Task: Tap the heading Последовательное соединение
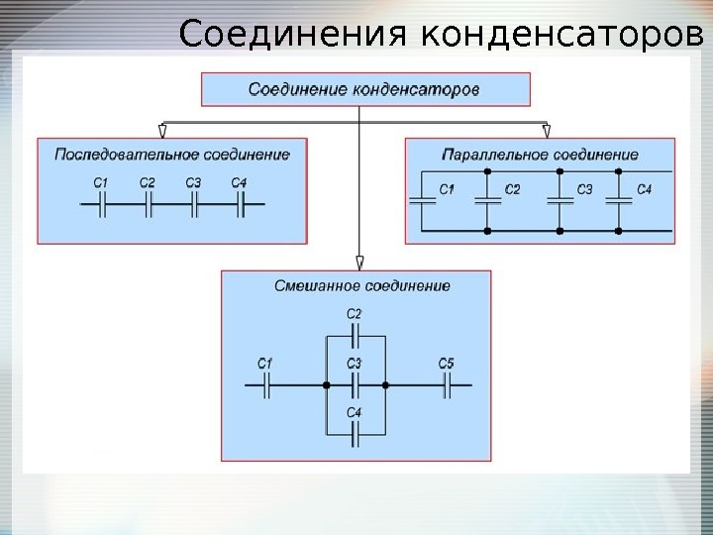click(172, 155)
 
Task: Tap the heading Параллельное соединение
click(539, 155)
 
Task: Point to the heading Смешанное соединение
click(361, 286)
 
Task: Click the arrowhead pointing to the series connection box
click(162, 130)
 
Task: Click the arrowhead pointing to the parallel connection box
click(546, 130)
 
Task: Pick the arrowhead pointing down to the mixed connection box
click(359, 263)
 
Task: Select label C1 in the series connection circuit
click(101, 182)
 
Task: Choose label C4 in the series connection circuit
click(239, 182)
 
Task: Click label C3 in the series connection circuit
click(193, 182)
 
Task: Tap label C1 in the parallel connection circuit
click(447, 189)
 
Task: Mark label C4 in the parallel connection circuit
click(645, 189)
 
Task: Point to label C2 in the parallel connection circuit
click(512, 189)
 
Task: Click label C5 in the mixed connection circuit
click(446, 365)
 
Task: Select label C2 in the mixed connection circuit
click(355, 314)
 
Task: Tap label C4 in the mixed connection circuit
click(355, 411)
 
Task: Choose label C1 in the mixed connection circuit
click(264, 365)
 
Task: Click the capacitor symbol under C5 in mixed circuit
click(447, 384)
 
